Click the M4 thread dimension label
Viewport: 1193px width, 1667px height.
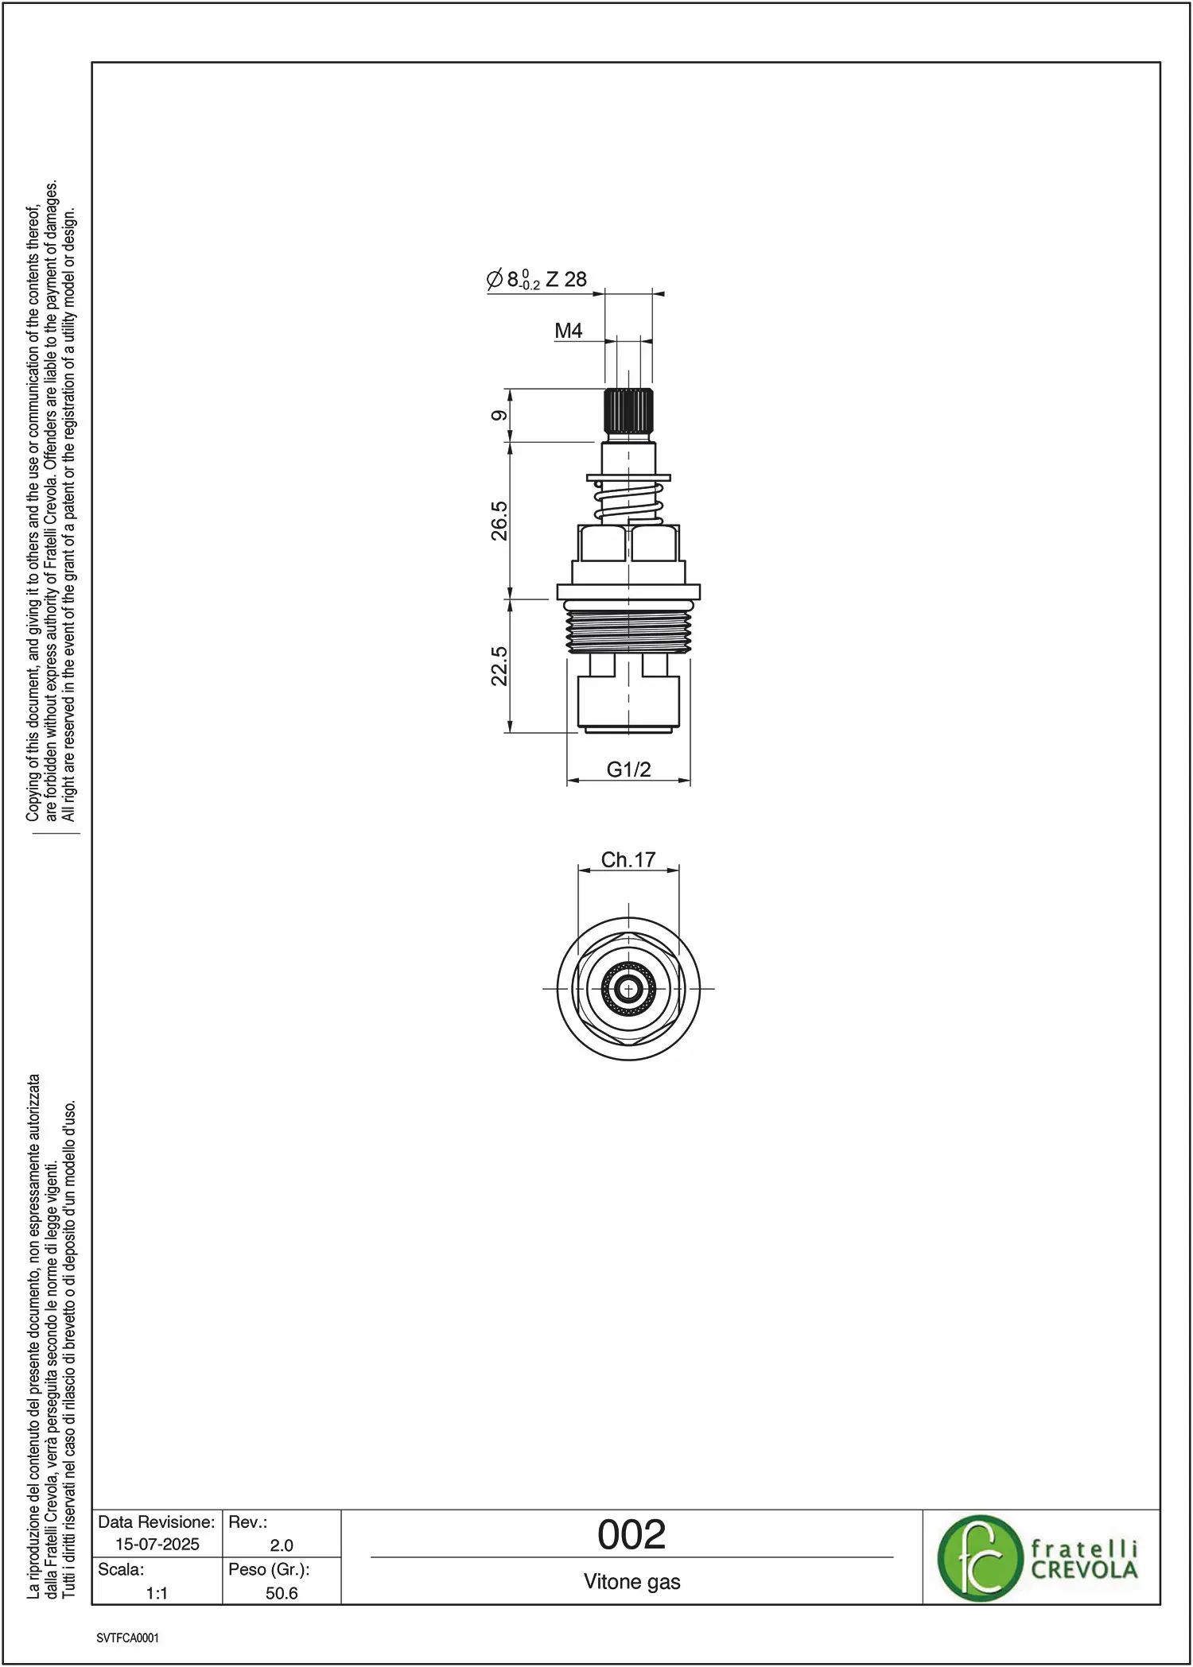click(x=569, y=331)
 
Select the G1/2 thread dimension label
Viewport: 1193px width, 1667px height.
click(x=628, y=770)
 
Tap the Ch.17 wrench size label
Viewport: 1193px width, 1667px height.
click(x=628, y=859)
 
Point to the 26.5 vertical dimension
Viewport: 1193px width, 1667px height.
click(x=499, y=521)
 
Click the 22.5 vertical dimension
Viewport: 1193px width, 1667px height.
click(x=499, y=665)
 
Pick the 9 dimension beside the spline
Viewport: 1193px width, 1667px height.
click(x=499, y=416)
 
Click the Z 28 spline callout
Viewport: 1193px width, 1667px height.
click(x=566, y=279)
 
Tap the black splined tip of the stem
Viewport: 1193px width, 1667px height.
click(x=628, y=411)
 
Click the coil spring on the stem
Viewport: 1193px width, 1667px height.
click(x=628, y=502)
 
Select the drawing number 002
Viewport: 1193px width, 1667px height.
click(x=631, y=1534)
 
